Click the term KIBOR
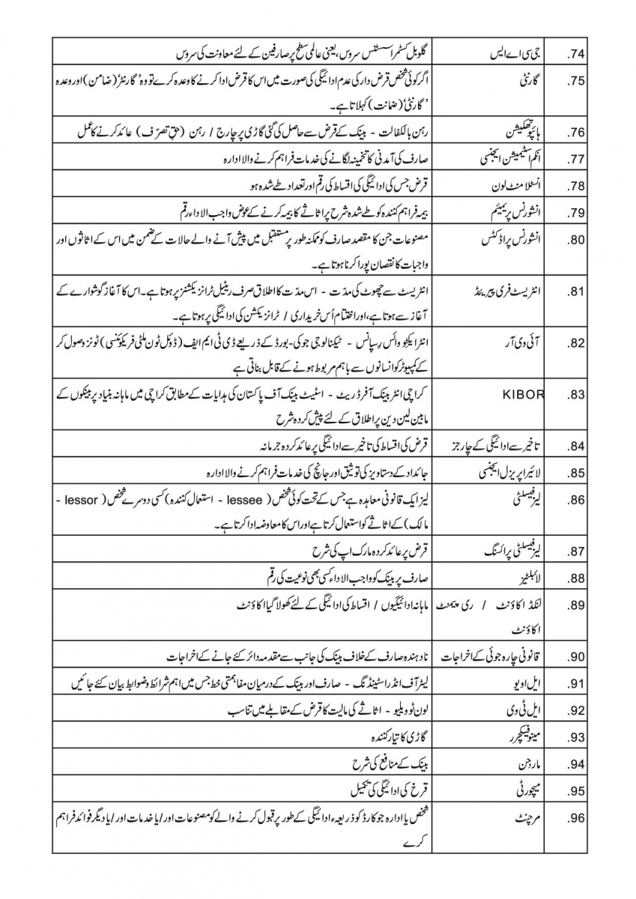(530, 394)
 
